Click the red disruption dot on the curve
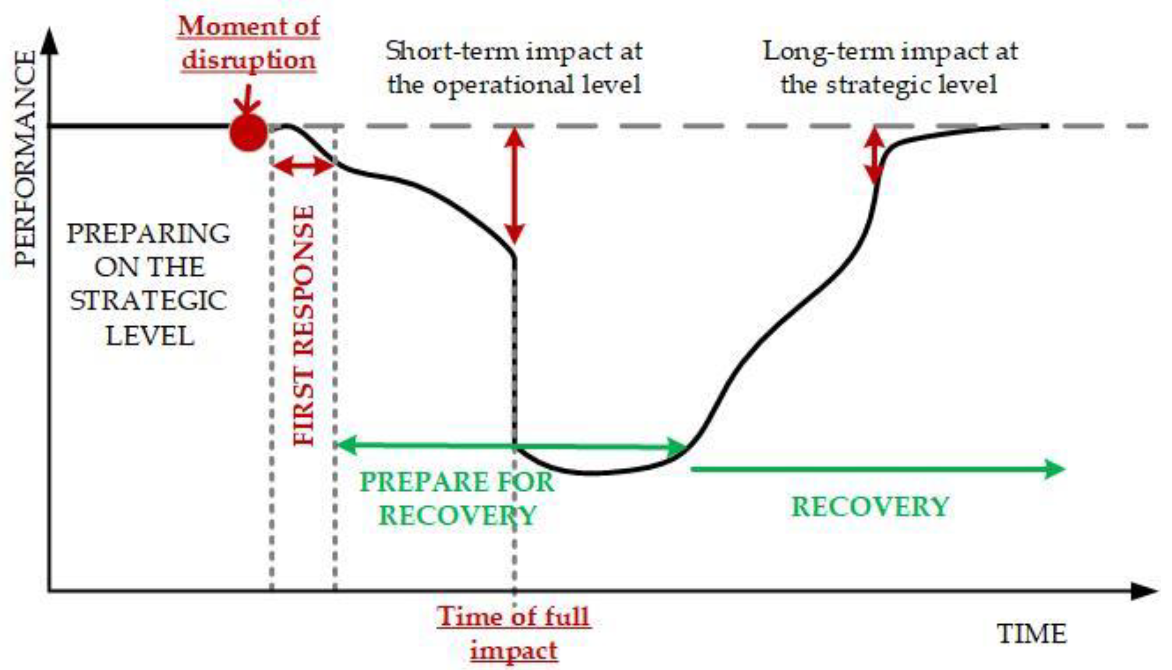point(248,132)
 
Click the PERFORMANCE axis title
point(25,158)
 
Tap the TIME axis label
point(1032,634)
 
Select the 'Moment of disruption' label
point(248,43)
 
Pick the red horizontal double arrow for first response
point(303,166)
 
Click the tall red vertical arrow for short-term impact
point(515,186)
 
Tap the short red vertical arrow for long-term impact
point(874,155)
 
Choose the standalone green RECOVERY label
point(870,507)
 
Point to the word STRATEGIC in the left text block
point(148,301)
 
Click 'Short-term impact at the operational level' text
point(514,68)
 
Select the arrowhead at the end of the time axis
point(1145,591)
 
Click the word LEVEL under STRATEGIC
point(150,336)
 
